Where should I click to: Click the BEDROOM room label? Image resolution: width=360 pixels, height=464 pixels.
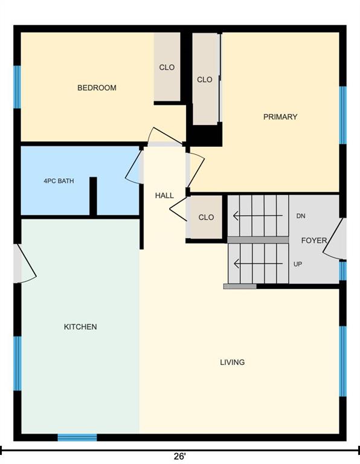[x=97, y=88]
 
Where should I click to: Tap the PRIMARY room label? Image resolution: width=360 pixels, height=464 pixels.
[x=280, y=117]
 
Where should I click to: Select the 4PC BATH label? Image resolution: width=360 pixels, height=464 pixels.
[x=59, y=181]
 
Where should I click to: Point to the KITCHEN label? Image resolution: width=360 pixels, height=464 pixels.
[x=80, y=327]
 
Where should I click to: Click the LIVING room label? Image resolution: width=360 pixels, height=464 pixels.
[x=232, y=362]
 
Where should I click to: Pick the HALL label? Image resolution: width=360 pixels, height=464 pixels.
[x=164, y=195]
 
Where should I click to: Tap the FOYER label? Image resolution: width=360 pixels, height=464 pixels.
[x=314, y=240]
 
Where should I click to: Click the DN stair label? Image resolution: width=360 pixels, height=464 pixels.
[x=301, y=216]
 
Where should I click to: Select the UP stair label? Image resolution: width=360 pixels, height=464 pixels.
[x=298, y=264]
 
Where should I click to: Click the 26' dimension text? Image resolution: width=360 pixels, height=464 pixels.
[x=179, y=456]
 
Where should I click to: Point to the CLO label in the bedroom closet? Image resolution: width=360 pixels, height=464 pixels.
[x=167, y=68]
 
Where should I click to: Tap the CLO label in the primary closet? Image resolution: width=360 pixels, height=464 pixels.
[x=205, y=80]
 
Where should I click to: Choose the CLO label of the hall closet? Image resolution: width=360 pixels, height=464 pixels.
[x=206, y=217]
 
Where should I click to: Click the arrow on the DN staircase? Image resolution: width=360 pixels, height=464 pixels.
[x=258, y=216]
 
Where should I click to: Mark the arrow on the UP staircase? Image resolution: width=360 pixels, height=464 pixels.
[x=258, y=263]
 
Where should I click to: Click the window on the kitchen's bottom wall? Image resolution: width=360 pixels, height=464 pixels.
[x=77, y=437]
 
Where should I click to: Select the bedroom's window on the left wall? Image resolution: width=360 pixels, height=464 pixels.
[x=18, y=87]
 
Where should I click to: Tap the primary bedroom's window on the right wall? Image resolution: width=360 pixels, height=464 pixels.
[x=342, y=115]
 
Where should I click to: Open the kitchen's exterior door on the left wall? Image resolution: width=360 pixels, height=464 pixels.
[x=25, y=263]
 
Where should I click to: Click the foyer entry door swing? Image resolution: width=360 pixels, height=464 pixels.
[x=334, y=239]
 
